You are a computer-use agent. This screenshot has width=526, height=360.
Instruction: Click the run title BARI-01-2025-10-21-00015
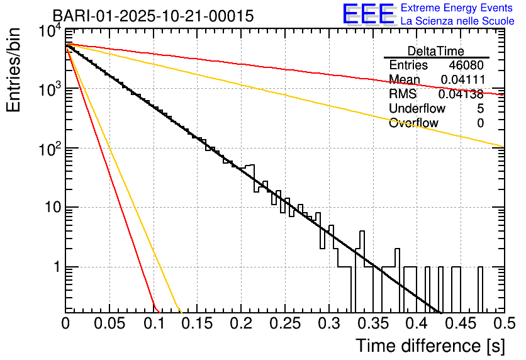[153, 16]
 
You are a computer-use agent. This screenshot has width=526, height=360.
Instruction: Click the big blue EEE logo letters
[368, 15]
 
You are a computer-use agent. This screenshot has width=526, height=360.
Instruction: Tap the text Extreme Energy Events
[457, 8]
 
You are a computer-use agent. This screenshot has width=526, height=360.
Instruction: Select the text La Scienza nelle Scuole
[457, 21]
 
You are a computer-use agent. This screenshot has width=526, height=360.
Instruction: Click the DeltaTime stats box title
[436, 51]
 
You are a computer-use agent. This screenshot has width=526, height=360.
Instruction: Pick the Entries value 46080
[466, 65]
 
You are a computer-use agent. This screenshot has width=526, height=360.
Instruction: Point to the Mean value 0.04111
[462, 80]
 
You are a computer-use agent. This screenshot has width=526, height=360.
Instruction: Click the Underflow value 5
[480, 109]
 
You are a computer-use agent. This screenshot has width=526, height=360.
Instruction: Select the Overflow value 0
[480, 123]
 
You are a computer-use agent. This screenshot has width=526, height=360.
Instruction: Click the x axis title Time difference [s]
[430, 346]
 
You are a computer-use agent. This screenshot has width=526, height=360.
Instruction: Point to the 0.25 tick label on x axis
[284, 323]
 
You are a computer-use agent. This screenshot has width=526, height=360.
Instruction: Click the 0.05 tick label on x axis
[109, 323]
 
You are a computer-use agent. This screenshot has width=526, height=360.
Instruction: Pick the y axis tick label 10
[52, 208]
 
